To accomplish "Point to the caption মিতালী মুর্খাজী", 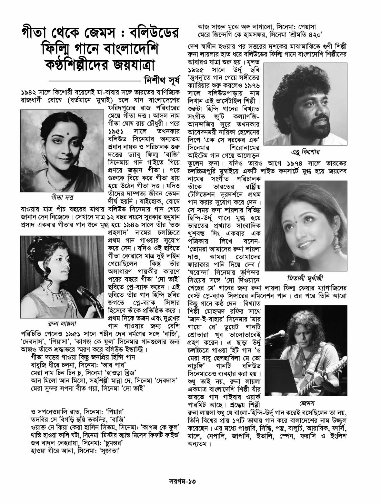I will (305, 278).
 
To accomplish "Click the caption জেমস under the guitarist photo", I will (306, 403).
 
